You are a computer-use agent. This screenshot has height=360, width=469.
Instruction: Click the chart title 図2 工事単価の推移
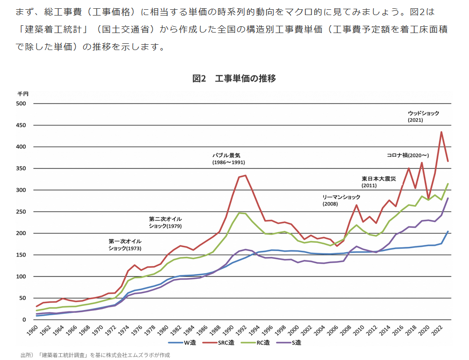234,78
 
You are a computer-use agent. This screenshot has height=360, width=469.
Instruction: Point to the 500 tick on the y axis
20,103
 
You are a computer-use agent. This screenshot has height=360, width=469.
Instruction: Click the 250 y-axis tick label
20,212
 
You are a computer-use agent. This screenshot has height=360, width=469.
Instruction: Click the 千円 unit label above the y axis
23,93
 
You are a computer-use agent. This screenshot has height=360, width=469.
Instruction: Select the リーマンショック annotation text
342,197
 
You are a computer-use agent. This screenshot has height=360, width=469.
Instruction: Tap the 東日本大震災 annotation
380,178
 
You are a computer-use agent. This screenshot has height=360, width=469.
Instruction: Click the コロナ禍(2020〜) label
407,155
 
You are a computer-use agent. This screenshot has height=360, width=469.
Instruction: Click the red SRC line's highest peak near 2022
441,132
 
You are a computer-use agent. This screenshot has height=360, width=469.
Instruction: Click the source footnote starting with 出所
95,355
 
